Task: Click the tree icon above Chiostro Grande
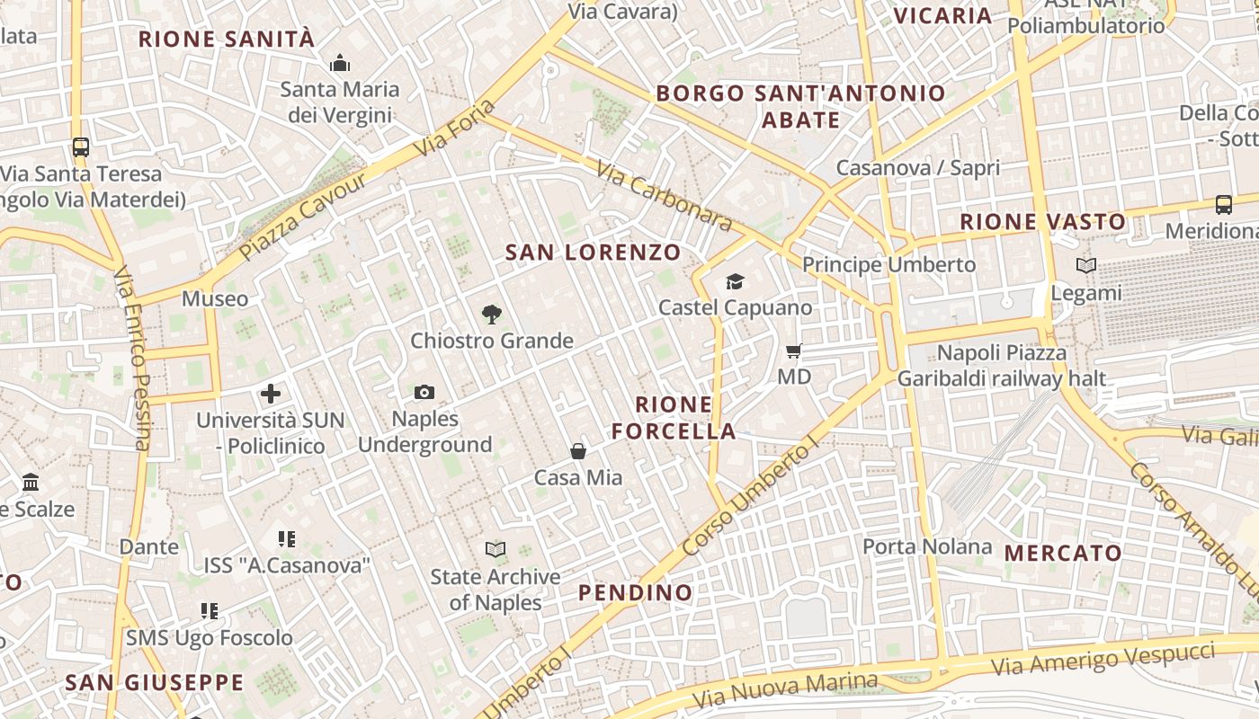pos(491,315)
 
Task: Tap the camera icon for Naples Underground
pos(424,392)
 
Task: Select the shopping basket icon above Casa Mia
pos(578,451)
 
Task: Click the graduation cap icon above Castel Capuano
pos(735,282)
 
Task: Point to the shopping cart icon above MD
pos(793,351)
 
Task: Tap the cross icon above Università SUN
pos(271,394)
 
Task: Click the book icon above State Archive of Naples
pos(495,549)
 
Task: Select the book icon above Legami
pos(1086,266)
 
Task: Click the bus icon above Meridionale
pos(1224,204)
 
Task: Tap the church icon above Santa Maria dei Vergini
pos(339,63)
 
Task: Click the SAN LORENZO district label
pos(593,253)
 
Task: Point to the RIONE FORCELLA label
pos(674,418)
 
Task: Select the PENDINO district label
pos(636,592)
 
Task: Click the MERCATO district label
pos(1063,553)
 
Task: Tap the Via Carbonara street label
pos(664,195)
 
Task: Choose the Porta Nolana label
pos(927,546)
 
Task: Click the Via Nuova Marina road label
pos(785,690)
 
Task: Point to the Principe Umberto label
pos(888,264)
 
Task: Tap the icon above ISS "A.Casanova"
pos(286,539)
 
